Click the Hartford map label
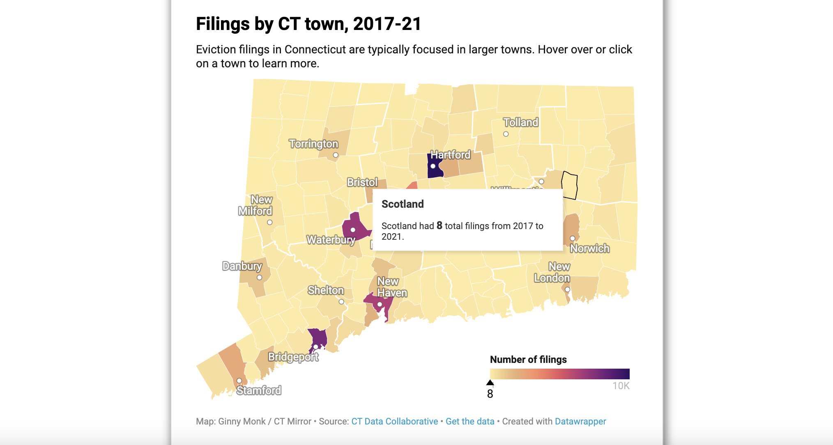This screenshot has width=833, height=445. [450, 155]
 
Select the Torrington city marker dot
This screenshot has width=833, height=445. [336, 155]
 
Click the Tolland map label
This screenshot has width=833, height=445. [520, 122]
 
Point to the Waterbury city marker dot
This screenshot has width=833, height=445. [353, 230]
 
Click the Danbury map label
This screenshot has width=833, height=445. [242, 266]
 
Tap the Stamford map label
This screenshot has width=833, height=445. [259, 390]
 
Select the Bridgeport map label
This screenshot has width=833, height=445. [293, 357]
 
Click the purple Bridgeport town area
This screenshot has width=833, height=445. [318, 337]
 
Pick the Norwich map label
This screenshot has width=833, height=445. [589, 248]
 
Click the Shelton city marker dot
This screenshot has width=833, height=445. [341, 302]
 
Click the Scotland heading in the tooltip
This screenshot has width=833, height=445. [403, 204]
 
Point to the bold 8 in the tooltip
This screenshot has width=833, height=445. [439, 225]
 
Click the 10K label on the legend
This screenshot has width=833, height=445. [621, 386]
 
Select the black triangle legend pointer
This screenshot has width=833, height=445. [490, 383]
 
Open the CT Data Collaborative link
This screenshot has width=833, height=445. [394, 421]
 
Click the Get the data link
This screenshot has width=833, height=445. [470, 421]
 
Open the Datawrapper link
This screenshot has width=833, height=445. [580, 421]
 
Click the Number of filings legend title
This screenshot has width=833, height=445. [528, 360]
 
